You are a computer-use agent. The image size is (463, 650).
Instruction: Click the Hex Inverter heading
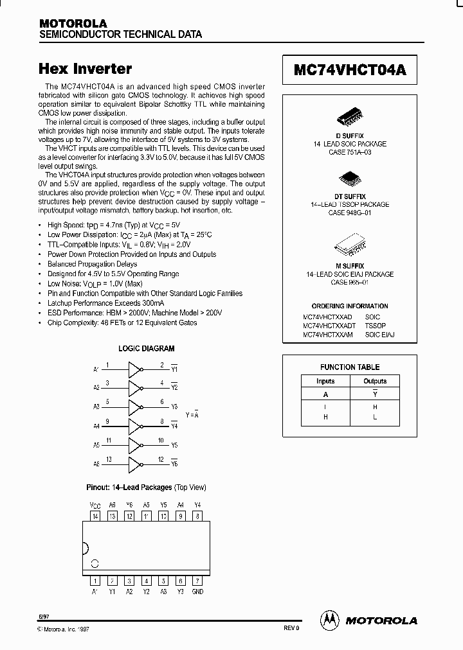tap(86, 69)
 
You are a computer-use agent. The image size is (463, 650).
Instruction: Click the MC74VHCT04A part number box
tap(350, 70)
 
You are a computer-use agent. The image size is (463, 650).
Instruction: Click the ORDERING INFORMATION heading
tap(350, 306)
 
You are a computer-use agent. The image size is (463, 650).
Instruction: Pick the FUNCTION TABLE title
tap(350, 367)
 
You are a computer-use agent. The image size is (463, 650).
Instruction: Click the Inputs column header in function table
tap(325, 382)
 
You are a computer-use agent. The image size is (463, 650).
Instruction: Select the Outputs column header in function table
tap(375, 382)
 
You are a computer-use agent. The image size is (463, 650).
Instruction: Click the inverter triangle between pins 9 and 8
tap(135, 425)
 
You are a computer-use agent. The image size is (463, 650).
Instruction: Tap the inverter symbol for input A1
tap(135, 369)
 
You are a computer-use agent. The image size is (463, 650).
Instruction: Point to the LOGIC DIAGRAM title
tap(146, 349)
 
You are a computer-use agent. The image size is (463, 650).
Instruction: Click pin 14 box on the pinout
tap(95, 515)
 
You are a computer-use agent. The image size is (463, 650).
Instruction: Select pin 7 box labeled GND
tap(197, 580)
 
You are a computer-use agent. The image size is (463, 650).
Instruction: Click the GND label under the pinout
tap(197, 592)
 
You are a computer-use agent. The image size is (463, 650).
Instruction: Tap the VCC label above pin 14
tap(95, 505)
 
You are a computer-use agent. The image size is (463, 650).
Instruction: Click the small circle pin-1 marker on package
tap(95, 564)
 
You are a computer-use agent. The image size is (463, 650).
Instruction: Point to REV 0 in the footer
tap(291, 628)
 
